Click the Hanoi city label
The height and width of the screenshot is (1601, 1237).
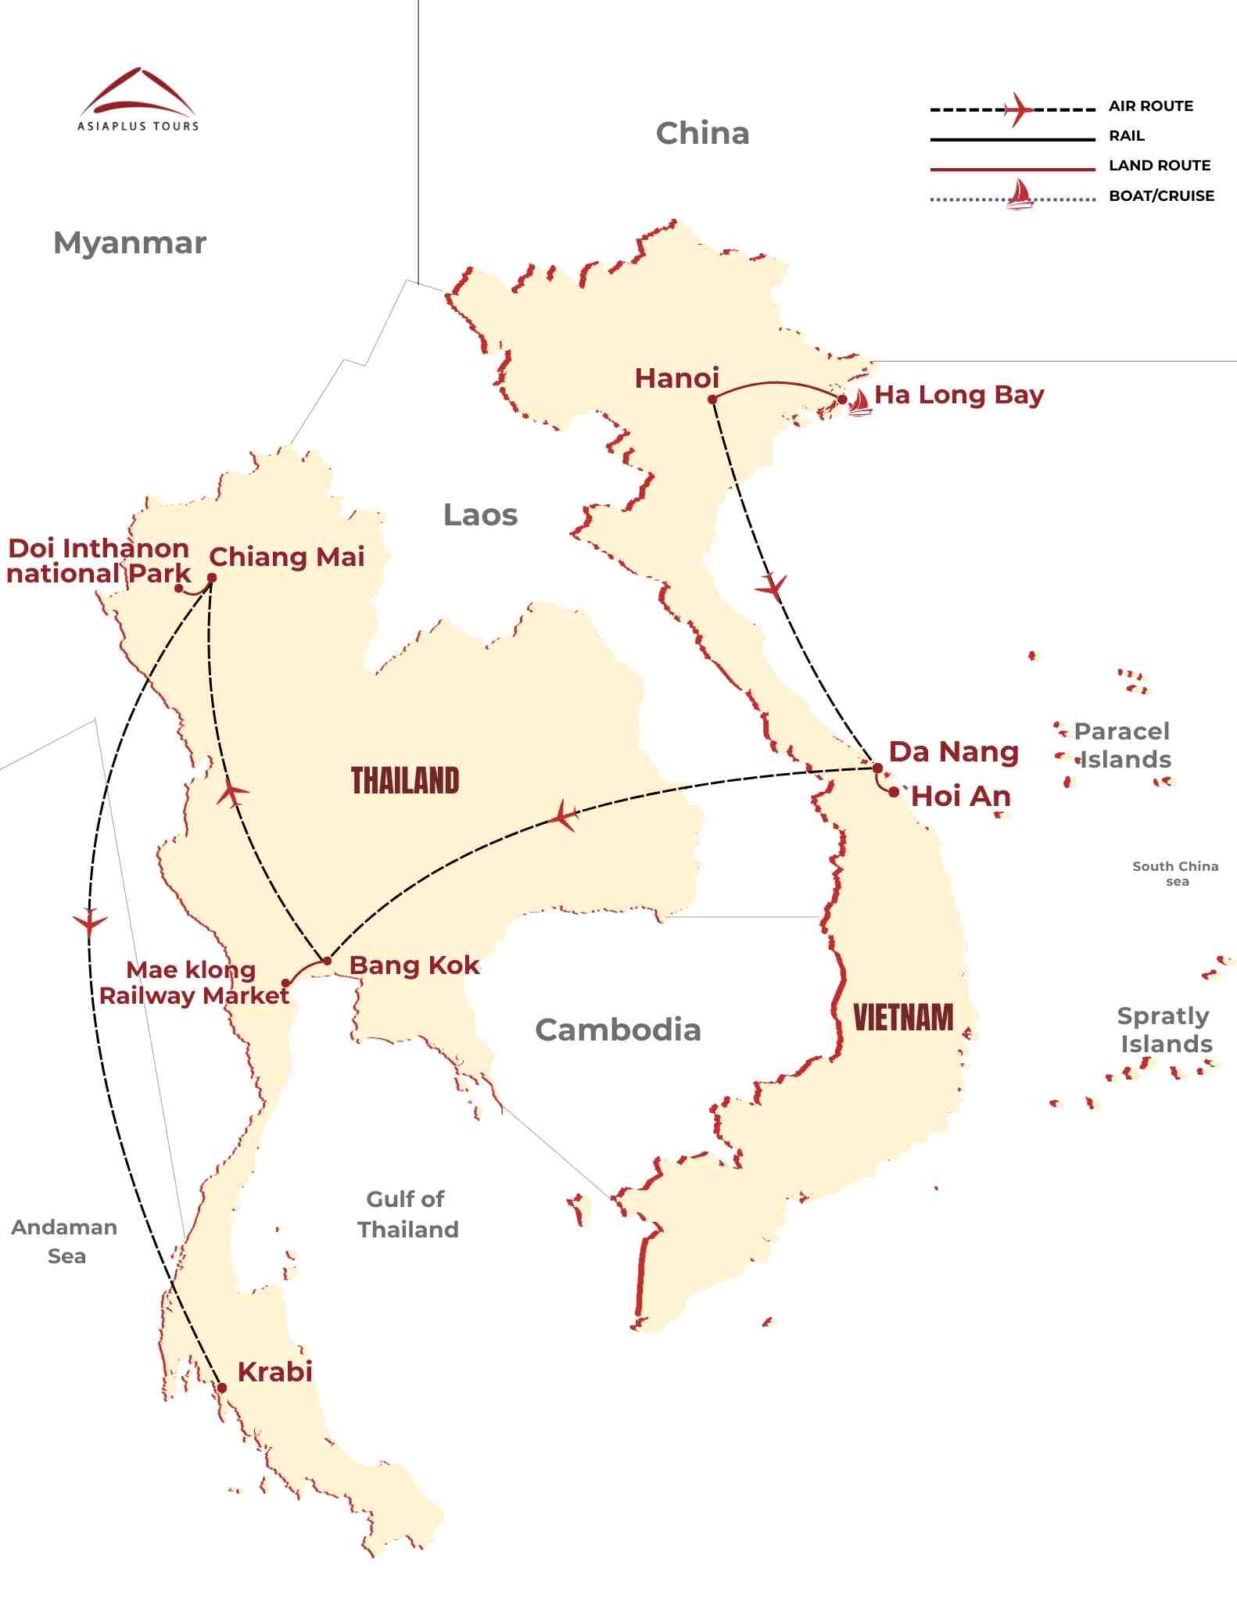click(x=676, y=378)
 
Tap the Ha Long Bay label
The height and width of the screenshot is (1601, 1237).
click(x=959, y=395)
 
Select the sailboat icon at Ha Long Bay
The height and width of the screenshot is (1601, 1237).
click(x=859, y=402)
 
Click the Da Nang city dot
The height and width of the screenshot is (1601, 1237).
click(x=877, y=768)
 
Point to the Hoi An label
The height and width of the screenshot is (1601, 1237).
click(x=961, y=797)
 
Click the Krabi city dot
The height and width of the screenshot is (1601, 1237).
click(x=222, y=1388)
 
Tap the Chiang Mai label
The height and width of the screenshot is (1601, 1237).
click(x=286, y=557)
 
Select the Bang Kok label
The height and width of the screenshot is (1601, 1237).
click(x=414, y=965)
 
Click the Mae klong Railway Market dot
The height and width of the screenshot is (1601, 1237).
click(x=286, y=983)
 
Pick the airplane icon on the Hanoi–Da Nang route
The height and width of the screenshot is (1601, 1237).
click(x=772, y=586)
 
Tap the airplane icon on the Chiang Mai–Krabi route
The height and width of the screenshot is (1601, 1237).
click(x=90, y=922)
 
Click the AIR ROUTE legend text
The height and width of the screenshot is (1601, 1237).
click(x=1150, y=106)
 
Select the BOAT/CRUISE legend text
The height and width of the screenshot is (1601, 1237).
click(x=1161, y=196)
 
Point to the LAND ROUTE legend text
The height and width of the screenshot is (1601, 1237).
click(x=1159, y=166)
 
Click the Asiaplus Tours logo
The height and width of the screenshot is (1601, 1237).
click(x=138, y=99)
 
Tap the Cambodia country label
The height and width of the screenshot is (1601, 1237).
click(x=618, y=1030)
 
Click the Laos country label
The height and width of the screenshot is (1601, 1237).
click(x=480, y=515)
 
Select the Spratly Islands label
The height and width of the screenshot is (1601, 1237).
click(x=1164, y=1030)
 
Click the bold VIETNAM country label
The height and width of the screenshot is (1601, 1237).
click(x=903, y=1018)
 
